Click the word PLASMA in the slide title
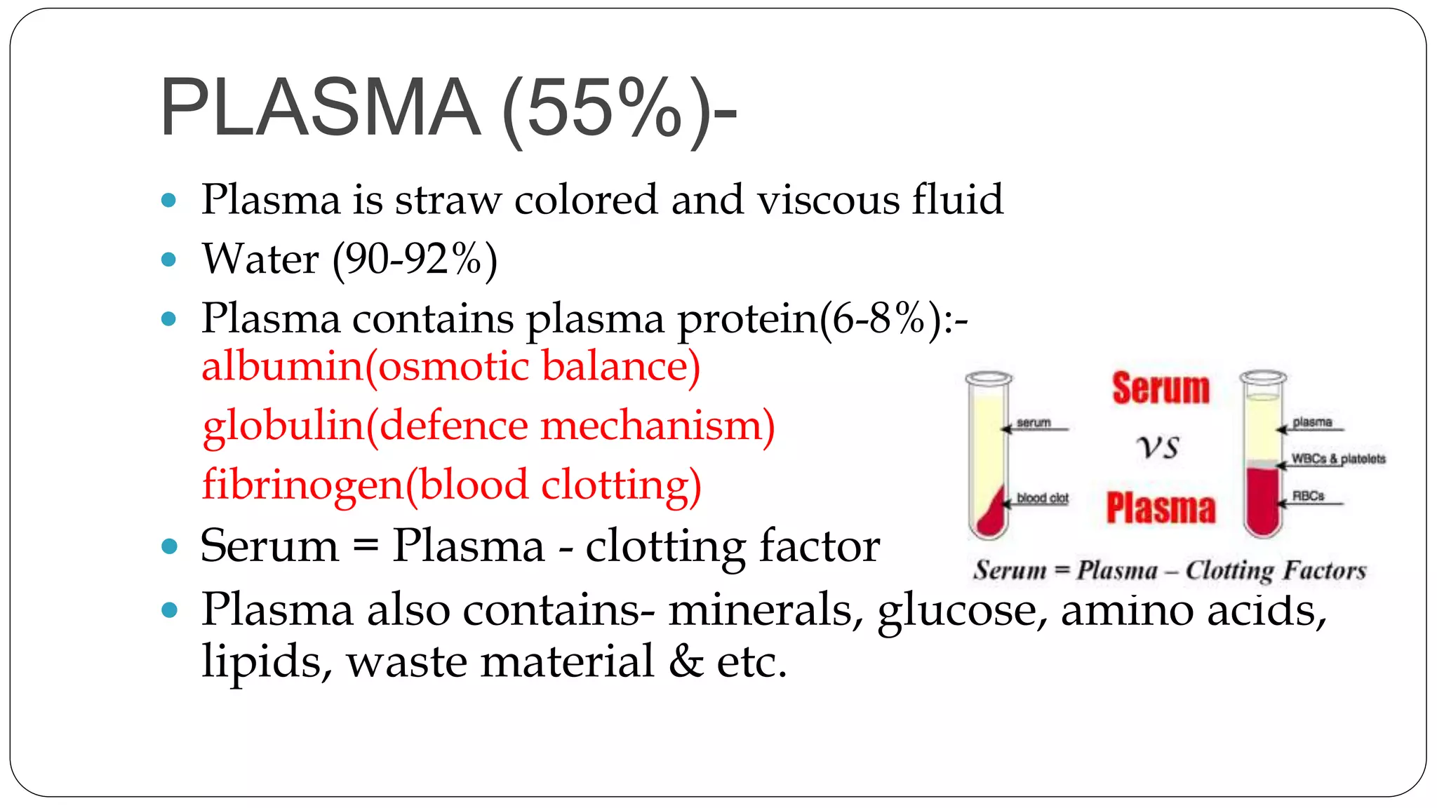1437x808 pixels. pos(320,107)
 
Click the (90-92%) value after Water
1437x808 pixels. pos(415,260)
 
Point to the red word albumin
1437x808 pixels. pos(281,366)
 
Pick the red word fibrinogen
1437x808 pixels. pos(302,485)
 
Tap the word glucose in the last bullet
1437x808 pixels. pos(956,610)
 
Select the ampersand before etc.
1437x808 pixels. pos(686,661)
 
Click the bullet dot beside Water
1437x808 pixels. pos(168,260)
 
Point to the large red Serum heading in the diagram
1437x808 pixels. pos(1161,389)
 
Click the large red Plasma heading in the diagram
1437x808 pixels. pos(1161,509)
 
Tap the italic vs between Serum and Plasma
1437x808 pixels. pos(1158,447)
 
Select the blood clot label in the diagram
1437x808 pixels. pos(1042,498)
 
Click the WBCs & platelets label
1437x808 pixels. pos(1338,459)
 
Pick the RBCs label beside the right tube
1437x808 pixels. pos(1308,496)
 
